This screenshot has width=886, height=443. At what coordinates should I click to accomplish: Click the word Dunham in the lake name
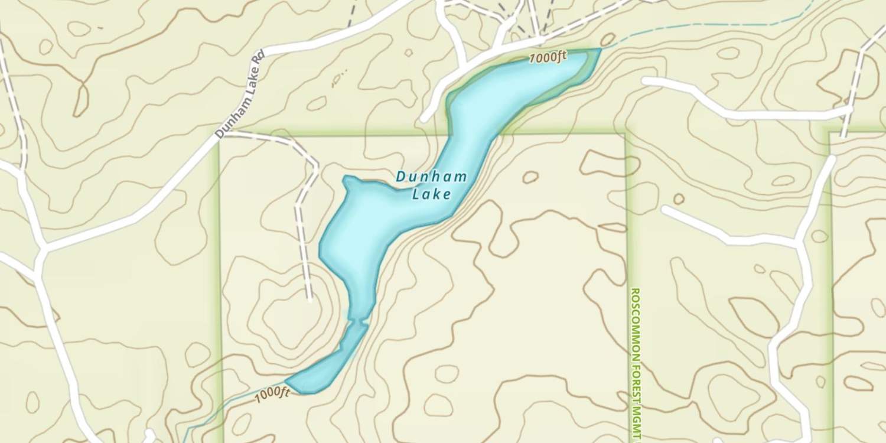(x=432, y=176)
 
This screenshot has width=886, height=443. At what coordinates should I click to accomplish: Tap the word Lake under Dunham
(x=432, y=194)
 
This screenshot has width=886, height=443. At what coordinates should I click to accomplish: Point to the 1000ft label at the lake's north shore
(x=548, y=58)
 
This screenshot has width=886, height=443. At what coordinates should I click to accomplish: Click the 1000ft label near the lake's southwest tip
(x=272, y=395)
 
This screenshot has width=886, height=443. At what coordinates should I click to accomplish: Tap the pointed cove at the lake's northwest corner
(x=346, y=178)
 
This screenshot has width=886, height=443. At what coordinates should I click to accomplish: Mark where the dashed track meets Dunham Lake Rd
(x=225, y=134)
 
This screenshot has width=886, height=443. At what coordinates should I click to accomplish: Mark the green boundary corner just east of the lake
(x=625, y=135)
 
